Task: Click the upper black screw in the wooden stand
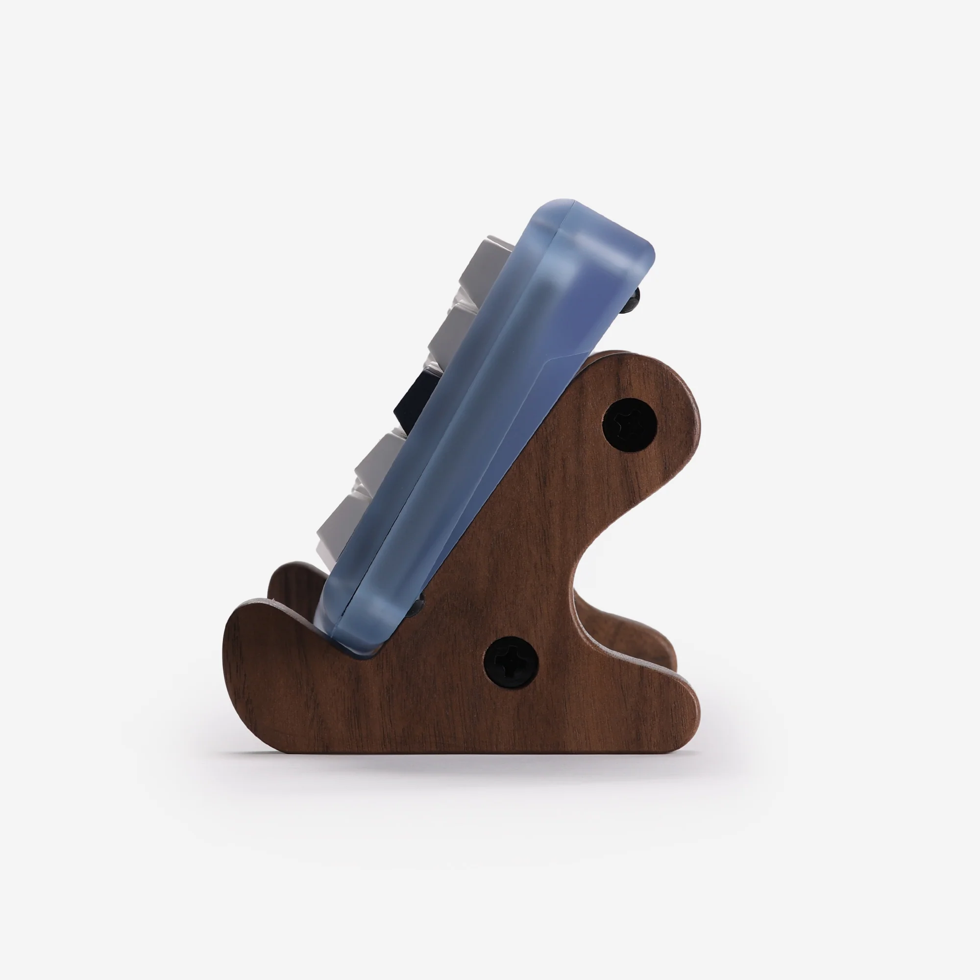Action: coord(629,425)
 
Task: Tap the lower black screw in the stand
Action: coord(510,662)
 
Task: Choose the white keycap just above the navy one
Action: coord(454,332)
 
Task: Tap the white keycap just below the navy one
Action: coord(379,457)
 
